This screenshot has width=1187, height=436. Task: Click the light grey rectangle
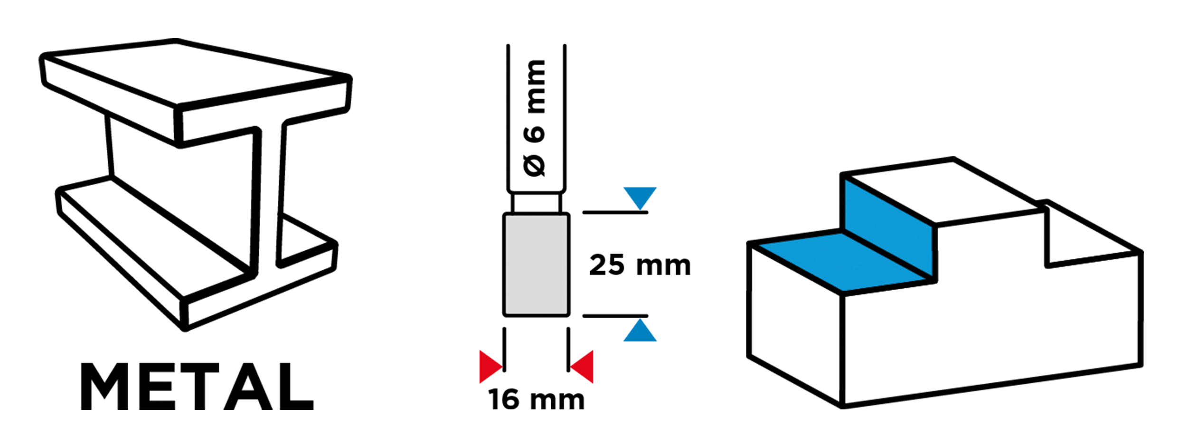536,265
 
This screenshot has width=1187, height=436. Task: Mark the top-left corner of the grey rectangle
506,216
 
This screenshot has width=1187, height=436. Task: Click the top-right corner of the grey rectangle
566,216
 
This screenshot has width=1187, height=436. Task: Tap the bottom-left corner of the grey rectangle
506,313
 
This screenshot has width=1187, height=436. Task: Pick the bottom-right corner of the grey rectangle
566,313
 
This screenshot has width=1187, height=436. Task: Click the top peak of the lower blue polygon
641,318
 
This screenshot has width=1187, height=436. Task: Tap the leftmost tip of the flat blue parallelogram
759,245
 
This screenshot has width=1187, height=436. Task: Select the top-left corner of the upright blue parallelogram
846,180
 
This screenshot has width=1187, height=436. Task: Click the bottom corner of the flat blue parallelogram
843,290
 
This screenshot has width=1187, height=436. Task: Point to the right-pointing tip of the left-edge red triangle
502,367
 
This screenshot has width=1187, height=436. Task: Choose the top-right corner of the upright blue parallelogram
931,227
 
